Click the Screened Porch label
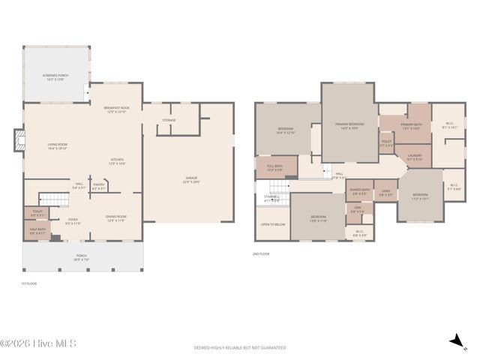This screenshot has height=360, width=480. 56,77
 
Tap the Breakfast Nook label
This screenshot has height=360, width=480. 116,110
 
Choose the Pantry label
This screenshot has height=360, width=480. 99,185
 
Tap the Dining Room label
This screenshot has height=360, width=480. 116,218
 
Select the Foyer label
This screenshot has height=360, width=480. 73,222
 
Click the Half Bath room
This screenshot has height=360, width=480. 37,231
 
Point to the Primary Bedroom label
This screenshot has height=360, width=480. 349,124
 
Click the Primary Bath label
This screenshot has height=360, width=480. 411,126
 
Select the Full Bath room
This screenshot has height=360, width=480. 274,168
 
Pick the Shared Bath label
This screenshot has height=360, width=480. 360,191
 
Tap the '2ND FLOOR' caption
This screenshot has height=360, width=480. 260,254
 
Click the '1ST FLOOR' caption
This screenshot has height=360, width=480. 28,283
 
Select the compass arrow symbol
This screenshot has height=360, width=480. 454,342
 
